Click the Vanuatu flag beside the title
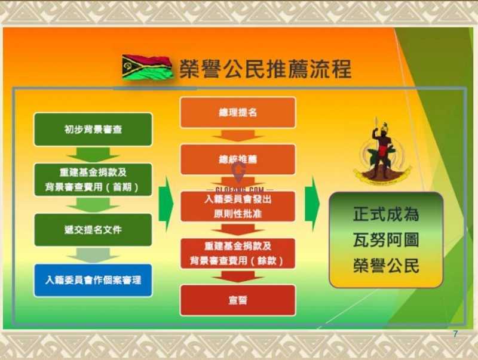147,67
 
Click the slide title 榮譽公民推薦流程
265,69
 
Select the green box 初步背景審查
93,130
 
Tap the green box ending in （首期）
93,180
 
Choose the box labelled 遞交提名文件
93,230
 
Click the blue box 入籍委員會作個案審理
93,280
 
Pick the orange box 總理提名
238,112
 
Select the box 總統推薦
238,159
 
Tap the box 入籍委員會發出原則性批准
238,206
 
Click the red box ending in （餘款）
238,253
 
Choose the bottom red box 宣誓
238,300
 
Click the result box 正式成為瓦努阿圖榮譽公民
386,239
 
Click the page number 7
455,334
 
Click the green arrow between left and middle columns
166,204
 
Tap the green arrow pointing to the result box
312,204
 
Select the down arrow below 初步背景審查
93,155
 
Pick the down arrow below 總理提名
238,136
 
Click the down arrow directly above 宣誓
238,277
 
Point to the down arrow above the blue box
93,256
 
